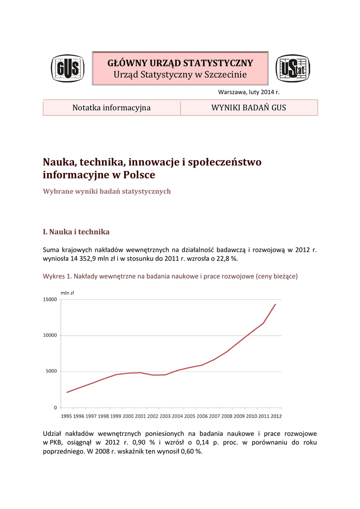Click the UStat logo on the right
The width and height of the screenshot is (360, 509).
292,69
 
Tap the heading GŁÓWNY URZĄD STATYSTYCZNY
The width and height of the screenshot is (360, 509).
180,63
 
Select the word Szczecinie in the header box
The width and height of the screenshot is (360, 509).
225,75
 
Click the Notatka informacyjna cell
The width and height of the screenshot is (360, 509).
111,107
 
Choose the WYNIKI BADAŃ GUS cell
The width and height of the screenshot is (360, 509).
249,107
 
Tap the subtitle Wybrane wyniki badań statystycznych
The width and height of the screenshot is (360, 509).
107,191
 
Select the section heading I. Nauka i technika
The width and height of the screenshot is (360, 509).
76,232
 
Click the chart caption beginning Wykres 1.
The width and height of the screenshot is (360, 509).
170,276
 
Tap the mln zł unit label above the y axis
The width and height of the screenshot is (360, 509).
67,293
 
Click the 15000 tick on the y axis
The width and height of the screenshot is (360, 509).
49,300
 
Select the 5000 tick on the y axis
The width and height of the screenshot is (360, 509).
51,372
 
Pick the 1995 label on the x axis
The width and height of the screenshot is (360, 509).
67,416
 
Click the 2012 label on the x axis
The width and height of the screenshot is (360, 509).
276,416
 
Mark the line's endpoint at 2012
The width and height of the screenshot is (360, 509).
275,304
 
